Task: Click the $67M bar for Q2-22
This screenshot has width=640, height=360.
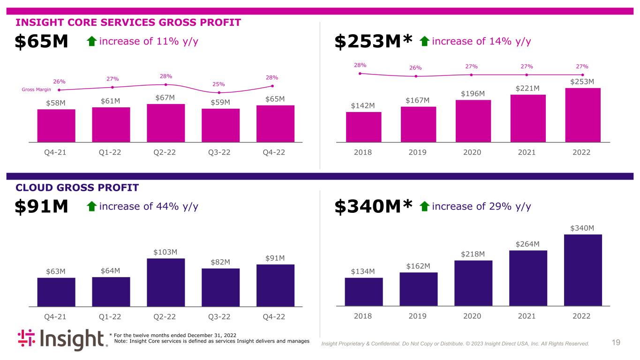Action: click(166, 123)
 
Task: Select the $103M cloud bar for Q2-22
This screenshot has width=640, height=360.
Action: click(166, 283)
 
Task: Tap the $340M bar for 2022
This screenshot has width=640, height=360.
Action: click(583, 270)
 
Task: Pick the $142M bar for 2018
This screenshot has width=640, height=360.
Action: click(363, 127)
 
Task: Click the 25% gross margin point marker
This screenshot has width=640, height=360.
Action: click(219, 92)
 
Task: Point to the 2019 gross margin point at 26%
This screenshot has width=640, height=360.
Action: click(416, 76)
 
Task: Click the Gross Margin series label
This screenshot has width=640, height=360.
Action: click(36, 90)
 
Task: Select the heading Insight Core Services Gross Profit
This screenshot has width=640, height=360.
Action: click(128, 22)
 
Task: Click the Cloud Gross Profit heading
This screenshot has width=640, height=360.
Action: click(77, 187)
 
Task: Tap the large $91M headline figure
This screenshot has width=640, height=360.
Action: click(41, 206)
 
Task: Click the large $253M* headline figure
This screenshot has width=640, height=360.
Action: click(373, 41)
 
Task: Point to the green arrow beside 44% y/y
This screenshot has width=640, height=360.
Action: click(92, 206)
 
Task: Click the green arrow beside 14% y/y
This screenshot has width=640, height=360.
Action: click(425, 41)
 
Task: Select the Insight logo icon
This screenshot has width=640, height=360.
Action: click(26, 338)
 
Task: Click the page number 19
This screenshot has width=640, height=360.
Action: click(616, 342)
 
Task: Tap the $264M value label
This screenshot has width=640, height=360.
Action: click(527, 244)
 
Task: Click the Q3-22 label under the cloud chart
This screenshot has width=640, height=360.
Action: click(219, 316)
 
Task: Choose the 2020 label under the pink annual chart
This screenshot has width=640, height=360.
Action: click(472, 152)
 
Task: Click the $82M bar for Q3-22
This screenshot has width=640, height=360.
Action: click(220, 287)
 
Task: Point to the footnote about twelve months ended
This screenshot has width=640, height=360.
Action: click(173, 335)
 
